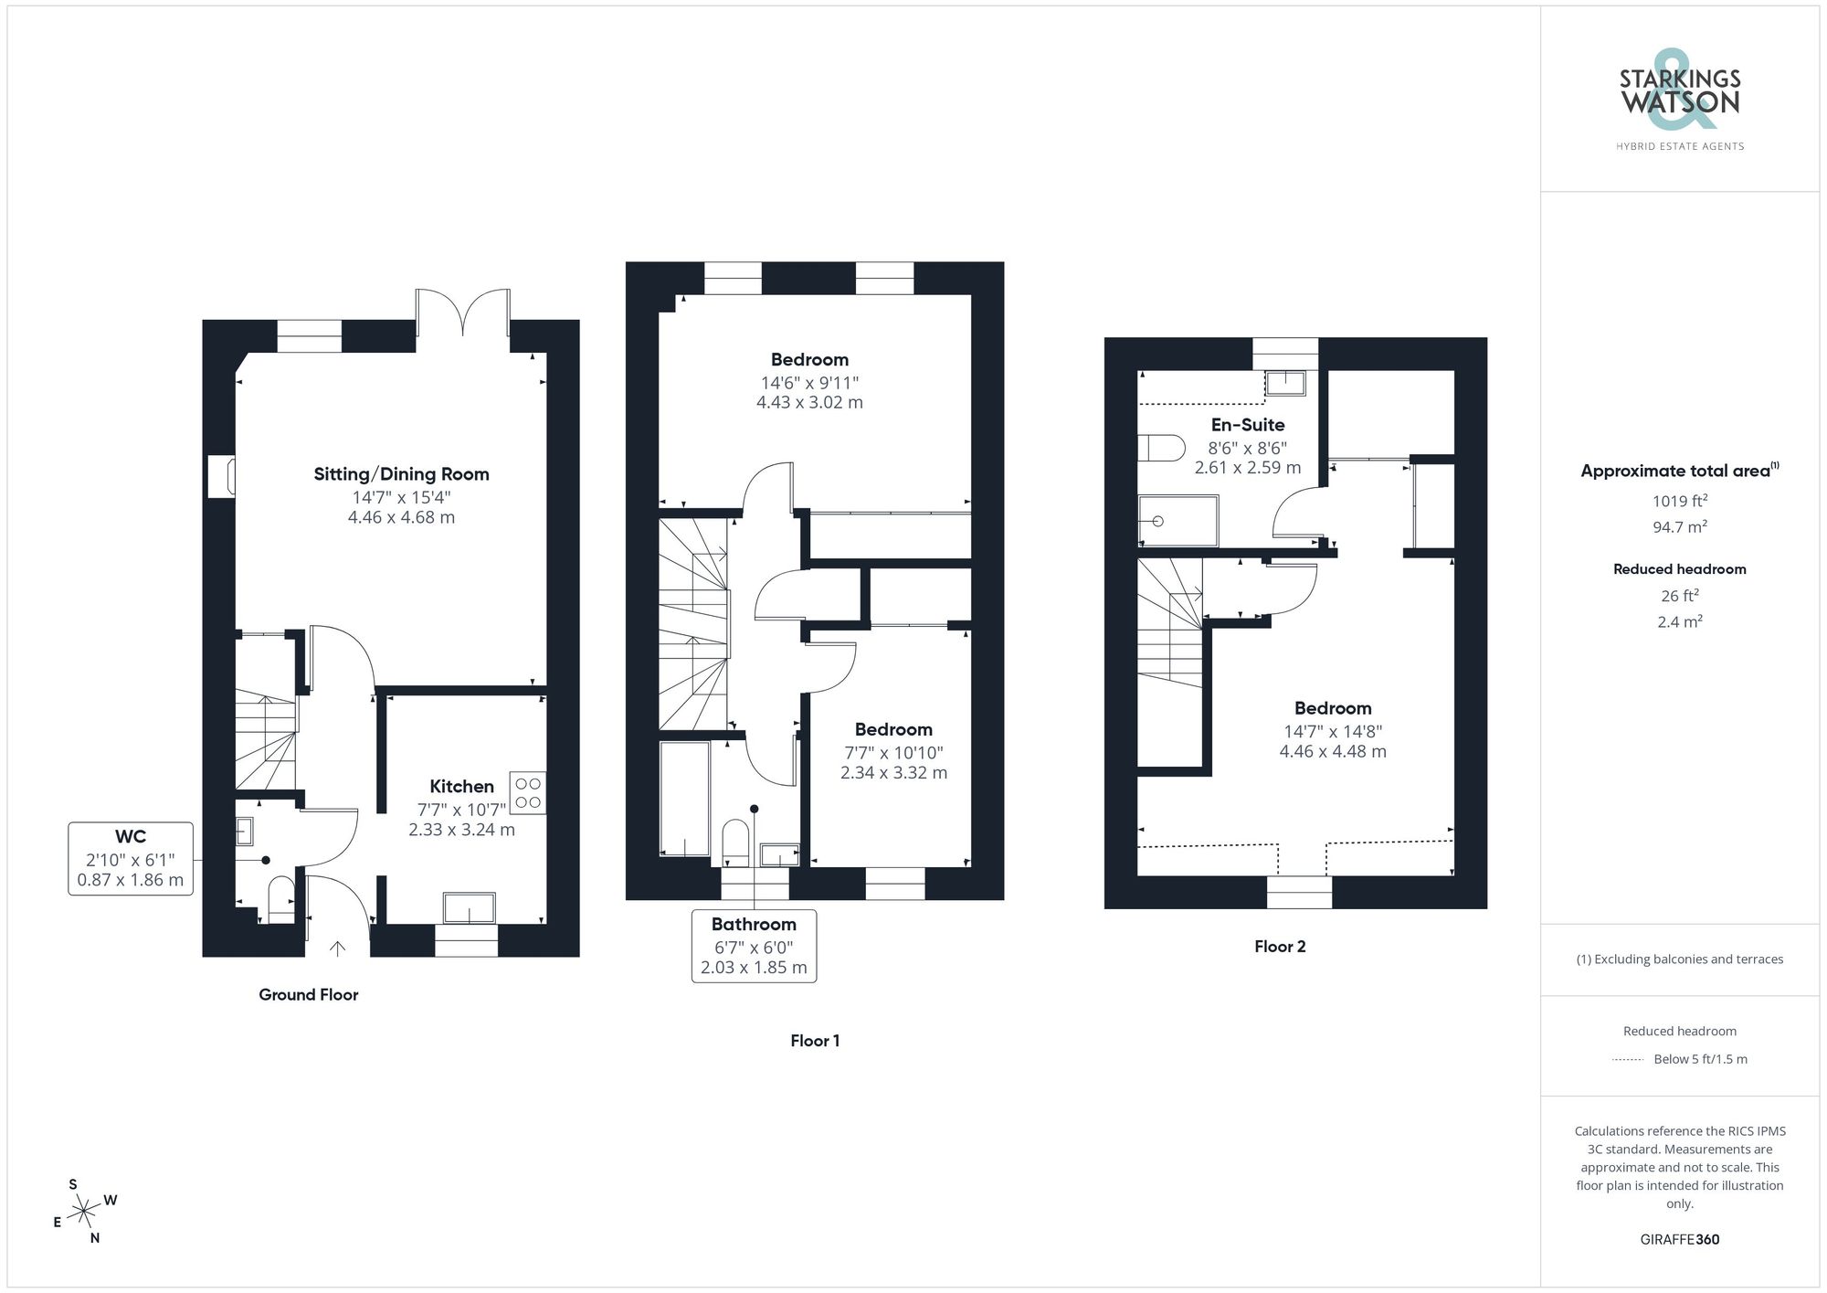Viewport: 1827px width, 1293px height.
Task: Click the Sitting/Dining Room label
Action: coord(401,474)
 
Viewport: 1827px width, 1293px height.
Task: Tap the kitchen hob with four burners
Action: coord(528,793)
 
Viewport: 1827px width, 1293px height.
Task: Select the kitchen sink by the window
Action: coord(469,908)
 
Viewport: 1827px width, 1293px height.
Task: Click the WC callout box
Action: coord(131,858)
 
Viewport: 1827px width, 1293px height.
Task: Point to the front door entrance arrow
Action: coord(337,949)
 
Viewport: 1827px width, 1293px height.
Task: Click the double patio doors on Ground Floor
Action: coord(463,315)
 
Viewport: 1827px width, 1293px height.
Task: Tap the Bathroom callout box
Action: coord(754,946)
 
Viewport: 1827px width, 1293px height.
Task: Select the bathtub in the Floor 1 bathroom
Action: coord(684,799)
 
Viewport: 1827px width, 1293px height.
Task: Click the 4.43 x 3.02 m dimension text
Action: coord(809,402)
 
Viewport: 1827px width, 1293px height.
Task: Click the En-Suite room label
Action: coord(1248,425)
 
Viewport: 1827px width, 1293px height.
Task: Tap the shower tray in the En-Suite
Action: coord(1178,521)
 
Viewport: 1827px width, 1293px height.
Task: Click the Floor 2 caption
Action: coord(1280,947)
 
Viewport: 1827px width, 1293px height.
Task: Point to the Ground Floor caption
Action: coord(308,994)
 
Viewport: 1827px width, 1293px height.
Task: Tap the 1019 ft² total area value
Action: coord(1679,501)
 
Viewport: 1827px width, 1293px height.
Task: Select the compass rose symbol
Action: coord(84,1212)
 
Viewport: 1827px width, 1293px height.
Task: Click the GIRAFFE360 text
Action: coord(1679,1239)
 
